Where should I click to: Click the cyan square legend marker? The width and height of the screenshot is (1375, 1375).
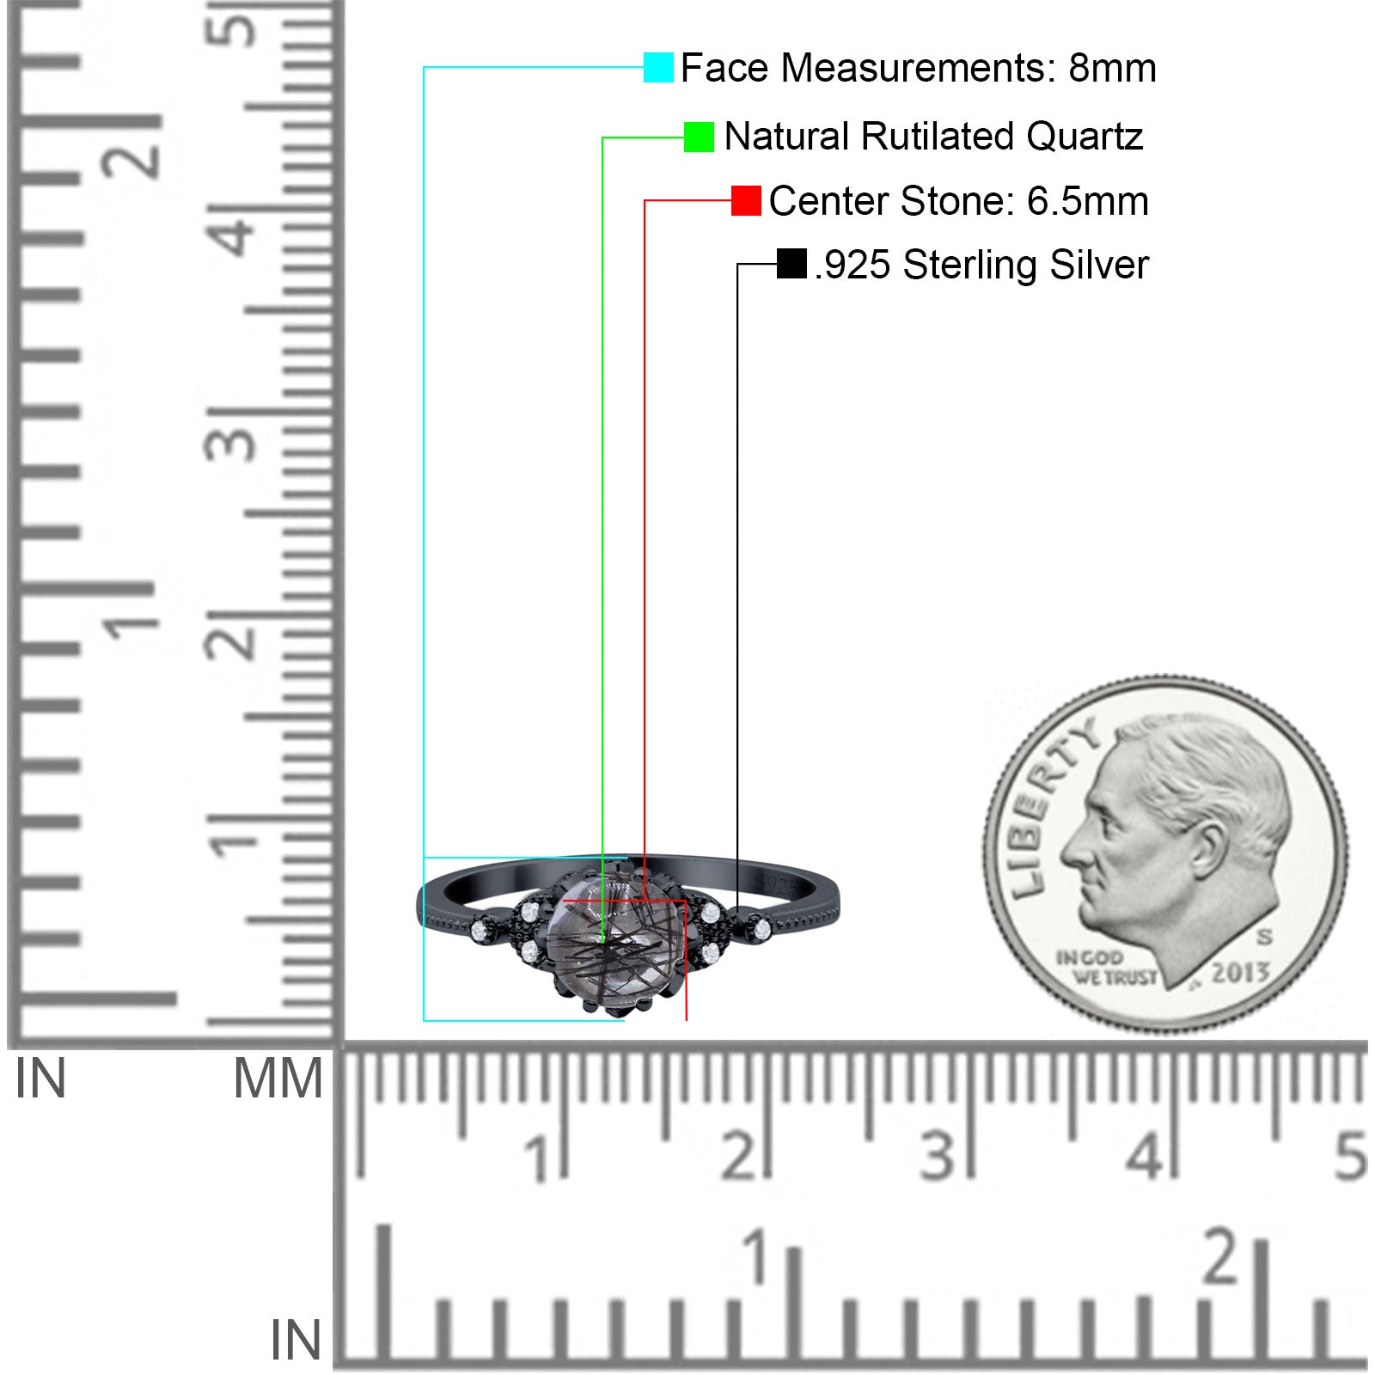point(658,67)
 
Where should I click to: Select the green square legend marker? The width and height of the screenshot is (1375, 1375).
point(699,137)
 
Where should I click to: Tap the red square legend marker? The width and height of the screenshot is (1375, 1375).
point(746,200)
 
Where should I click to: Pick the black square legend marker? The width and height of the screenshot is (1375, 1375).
point(791,264)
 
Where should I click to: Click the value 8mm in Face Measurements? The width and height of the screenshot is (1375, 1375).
point(1112,68)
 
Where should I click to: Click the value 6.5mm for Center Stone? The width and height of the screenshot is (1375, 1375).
point(1087,201)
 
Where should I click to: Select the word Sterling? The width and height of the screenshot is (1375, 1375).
point(971,265)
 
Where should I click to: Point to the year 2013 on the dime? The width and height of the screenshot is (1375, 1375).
point(1240,973)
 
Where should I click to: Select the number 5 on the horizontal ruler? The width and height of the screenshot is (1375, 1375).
point(1350,1155)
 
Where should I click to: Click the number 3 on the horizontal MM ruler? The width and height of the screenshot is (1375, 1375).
point(938,1155)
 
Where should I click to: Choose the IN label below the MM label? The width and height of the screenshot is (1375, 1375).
point(296,1339)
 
